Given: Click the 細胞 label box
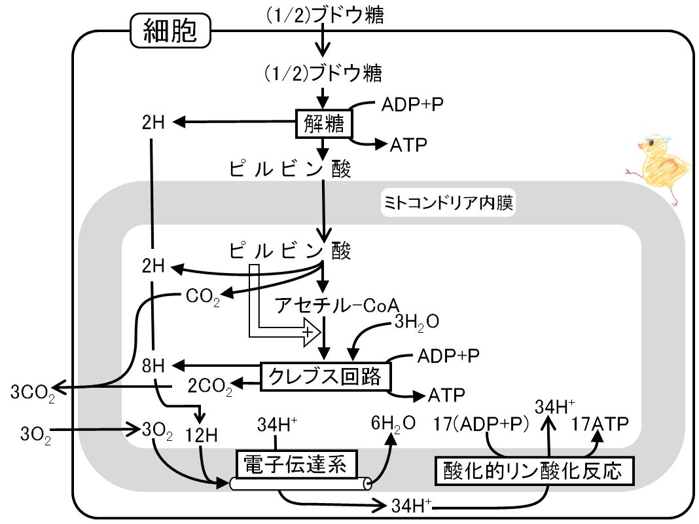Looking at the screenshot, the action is click(x=170, y=30).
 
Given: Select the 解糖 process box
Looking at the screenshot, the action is click(x=324, y=124).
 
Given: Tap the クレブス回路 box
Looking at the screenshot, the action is click(x=325, y=377).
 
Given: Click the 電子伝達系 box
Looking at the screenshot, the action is click(x=296, y=464).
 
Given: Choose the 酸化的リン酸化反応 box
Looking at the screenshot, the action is click(x=534, y=471).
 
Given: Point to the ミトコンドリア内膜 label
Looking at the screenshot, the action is click(x=448, y=203).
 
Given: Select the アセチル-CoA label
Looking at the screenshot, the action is click(x=337, y=305).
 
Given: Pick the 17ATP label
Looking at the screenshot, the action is click(x=600, y=424).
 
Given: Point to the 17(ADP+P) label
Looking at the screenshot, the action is click(x=481, y=424).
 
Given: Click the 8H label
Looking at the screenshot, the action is click(x=153, y=366).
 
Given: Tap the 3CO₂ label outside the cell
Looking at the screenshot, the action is click(x=33, y=394).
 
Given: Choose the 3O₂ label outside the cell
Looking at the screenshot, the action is click(x=35, y=435).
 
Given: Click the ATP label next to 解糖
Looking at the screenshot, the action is click(x=408, y=145).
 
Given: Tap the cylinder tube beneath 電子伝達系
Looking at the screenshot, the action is click(x=300, y=484).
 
